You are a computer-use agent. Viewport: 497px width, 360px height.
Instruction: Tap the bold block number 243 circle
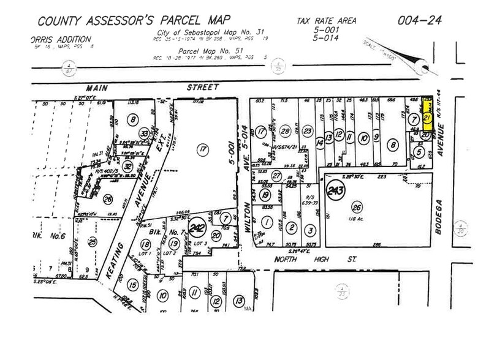(335, 189)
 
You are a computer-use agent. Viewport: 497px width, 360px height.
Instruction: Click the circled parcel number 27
(276, 176)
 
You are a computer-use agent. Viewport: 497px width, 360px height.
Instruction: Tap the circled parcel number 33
(144, 134)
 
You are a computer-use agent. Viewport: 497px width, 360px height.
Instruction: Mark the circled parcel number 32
(127, 166)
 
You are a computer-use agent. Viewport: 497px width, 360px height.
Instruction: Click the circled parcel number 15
(132, 284)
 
